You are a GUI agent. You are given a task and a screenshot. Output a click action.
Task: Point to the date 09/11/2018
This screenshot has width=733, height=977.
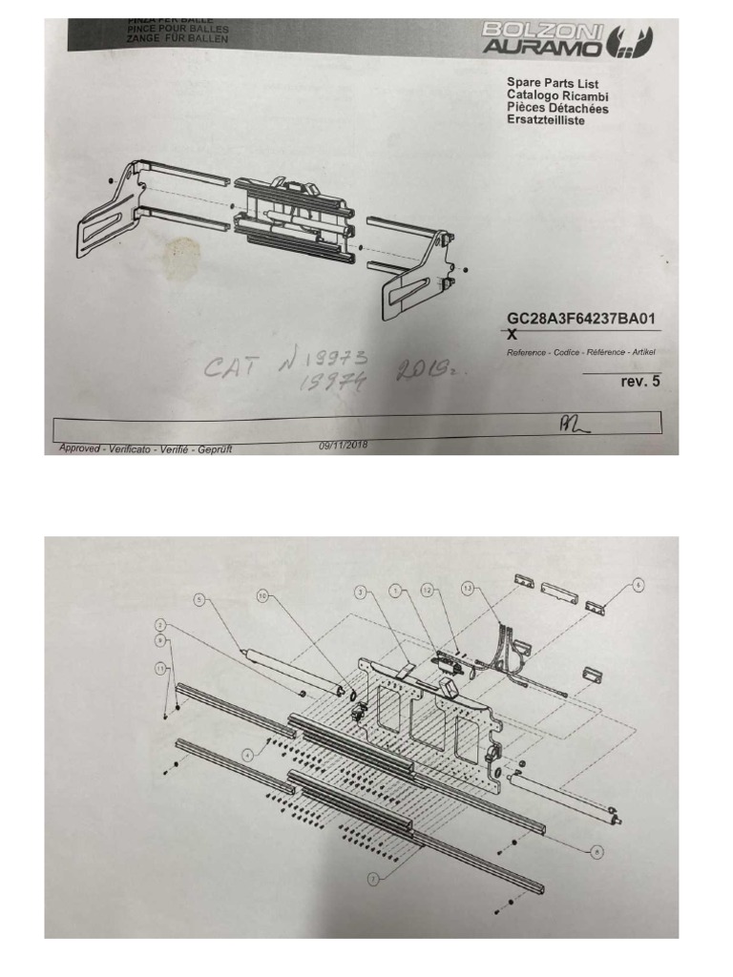pyautogui.click(x=342, y=445)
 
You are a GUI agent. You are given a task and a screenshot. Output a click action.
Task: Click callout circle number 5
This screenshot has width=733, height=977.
pyautogui.click(x=199, y=599)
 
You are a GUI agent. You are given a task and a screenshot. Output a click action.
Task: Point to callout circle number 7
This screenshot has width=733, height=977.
pyautogui.click(x=374, y=879)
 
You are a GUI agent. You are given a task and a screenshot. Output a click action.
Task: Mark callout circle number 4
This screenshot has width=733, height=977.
pyautogui.click(x=248, y=754)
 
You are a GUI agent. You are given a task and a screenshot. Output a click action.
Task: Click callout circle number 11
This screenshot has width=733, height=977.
pyautogui.click(x=159, y=669)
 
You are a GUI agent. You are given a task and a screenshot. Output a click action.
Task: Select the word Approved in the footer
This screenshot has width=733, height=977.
pyautogui.click(x=79, y=448)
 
